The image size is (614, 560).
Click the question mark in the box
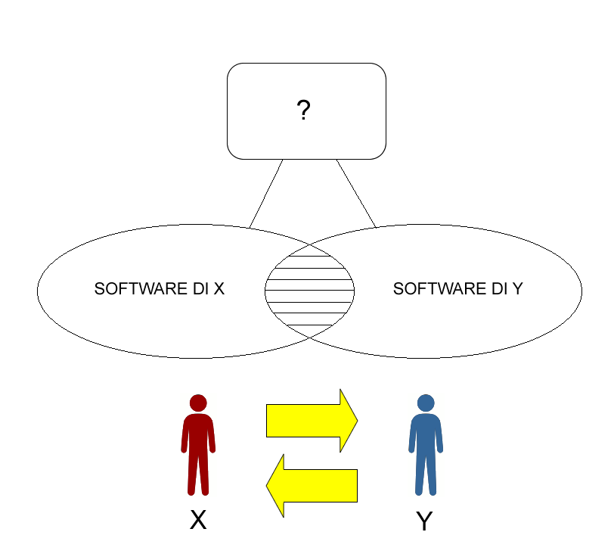(x=303, y=110)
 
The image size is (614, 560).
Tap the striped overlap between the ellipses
(x=310, y=291)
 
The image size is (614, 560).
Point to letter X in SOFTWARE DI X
(x=219, y=289)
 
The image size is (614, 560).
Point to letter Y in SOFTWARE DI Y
(x=518, y=289)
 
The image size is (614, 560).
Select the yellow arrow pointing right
(x=312, y=421)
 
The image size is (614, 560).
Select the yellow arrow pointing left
(x=312, y=486)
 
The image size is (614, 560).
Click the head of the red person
(x=198, y=403)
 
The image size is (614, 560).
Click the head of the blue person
(x=426, y=403)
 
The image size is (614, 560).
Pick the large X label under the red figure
(x=198, y=520)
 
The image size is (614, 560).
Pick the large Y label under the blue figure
(x=424, y=521)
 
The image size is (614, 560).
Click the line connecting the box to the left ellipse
(x=266, y=194)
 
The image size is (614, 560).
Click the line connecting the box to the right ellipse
(x=356, y=194)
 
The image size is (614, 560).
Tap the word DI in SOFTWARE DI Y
(x=499, y=289)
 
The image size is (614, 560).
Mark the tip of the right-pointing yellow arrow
(x=358, y=421)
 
